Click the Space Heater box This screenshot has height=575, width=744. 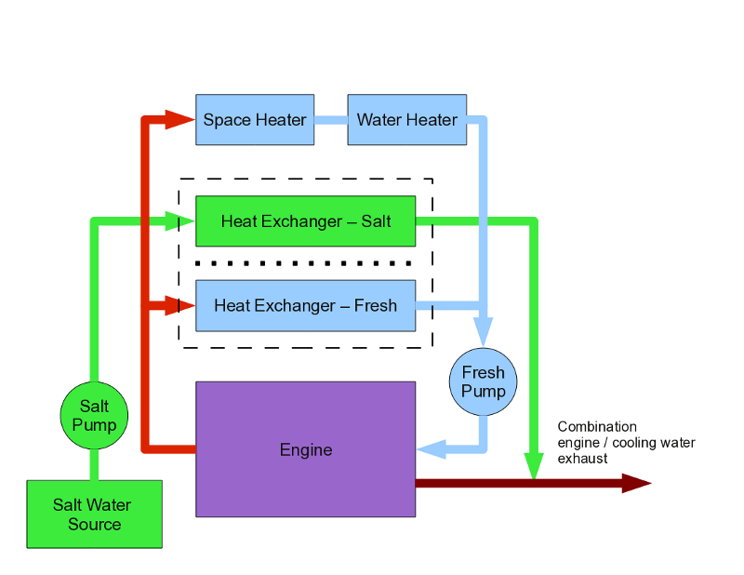tap(254, 119)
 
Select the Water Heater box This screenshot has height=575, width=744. tap(406, 119)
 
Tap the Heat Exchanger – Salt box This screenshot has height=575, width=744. tap(305, 221)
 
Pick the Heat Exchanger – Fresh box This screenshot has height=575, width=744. tap(305, 305)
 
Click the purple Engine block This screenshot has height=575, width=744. tap(305, 449)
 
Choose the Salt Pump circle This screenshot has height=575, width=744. tap(94, 415)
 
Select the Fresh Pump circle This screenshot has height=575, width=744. tap(483, 381)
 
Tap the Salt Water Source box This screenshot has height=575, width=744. tap(94, 514)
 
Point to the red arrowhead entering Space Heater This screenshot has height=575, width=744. tap(179, 118)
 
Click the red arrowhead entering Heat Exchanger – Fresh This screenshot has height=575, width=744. tap(179, 304)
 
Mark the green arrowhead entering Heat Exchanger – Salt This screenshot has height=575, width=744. tap(179, 221)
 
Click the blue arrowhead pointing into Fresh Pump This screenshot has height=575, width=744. tap(483, 330)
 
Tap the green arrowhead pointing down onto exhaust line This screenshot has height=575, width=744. tap(533, 464)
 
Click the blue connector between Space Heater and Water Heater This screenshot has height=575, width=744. tap(330, 119)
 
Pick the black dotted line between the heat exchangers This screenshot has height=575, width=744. tap(305, 263)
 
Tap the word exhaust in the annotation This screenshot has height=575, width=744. tap(582, 459)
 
